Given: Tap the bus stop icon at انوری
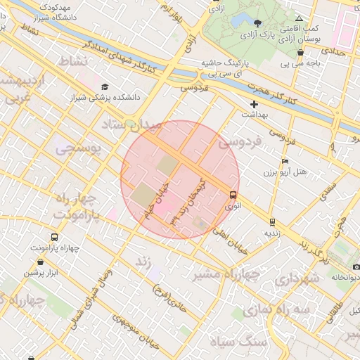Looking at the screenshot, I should point(233,195).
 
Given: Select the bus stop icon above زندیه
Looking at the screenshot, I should point(272,222).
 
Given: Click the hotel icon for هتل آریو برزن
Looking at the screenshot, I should point(285,161).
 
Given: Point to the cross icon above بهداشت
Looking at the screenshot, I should point(255,104).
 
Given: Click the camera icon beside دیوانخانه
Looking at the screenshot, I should point(356,267).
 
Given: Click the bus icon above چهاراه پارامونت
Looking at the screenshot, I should point(36,237).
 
